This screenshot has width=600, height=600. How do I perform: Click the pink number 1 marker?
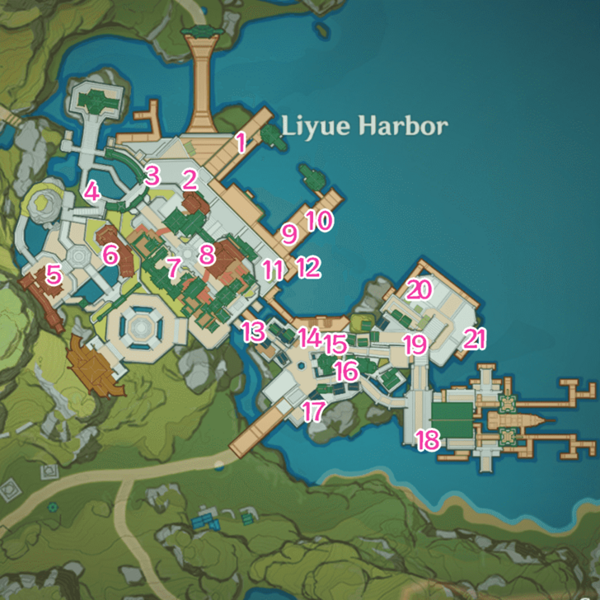[241, 142]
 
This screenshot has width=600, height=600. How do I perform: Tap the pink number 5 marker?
[54, 274]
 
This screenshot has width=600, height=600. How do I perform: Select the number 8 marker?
[206, 253]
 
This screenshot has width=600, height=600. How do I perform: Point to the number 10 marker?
[318, 220]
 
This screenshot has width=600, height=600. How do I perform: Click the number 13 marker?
[254, 332]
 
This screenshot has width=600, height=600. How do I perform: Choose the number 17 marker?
[313, 411]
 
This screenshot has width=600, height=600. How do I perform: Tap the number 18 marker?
[427, 440]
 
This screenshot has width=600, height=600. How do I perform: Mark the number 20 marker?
[420, 289]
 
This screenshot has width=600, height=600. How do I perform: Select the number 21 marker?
[475, 339]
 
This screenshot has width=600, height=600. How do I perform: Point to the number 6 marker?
[110, 254]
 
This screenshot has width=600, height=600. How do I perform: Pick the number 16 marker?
[346, 371]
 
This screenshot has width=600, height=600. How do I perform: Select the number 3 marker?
[151, 175]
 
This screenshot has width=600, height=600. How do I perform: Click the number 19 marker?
[413, 344]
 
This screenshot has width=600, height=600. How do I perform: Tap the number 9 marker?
[288, 234]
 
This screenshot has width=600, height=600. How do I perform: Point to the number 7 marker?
[173, 267]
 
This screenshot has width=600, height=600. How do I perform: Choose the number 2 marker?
[190, 178]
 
